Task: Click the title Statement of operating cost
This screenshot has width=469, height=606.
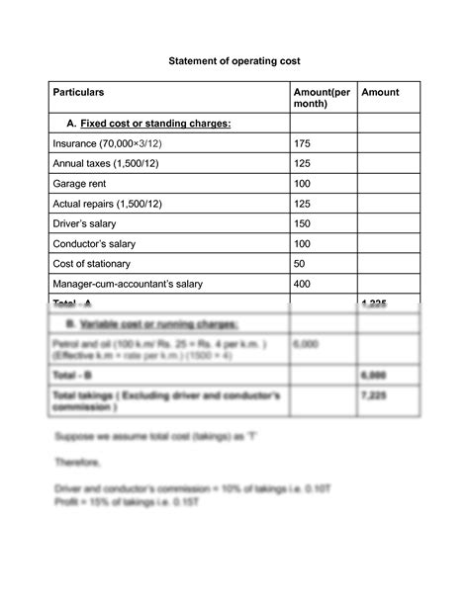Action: (x=234, y=60)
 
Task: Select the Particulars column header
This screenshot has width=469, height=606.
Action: (x=79, y=92)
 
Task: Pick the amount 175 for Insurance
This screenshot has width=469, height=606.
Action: (x=303, y=144)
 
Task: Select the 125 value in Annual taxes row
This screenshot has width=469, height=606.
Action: (x=303, y=164)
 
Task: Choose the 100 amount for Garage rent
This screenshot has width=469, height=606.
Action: (x=303, y=184)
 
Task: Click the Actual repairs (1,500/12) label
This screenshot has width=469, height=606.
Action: (x=111, y=204)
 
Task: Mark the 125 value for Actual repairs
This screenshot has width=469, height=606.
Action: (x=303, y=204)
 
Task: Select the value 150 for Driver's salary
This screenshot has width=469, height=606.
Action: (x=303, y=223)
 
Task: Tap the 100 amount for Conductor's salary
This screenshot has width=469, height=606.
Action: (x=303, y=243)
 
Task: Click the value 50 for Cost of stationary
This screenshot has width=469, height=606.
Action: (x=300, y=264)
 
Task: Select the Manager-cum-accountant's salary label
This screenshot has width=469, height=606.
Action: (x=129, y=284)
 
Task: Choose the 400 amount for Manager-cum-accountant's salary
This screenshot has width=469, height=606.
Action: (x=303, y=284)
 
